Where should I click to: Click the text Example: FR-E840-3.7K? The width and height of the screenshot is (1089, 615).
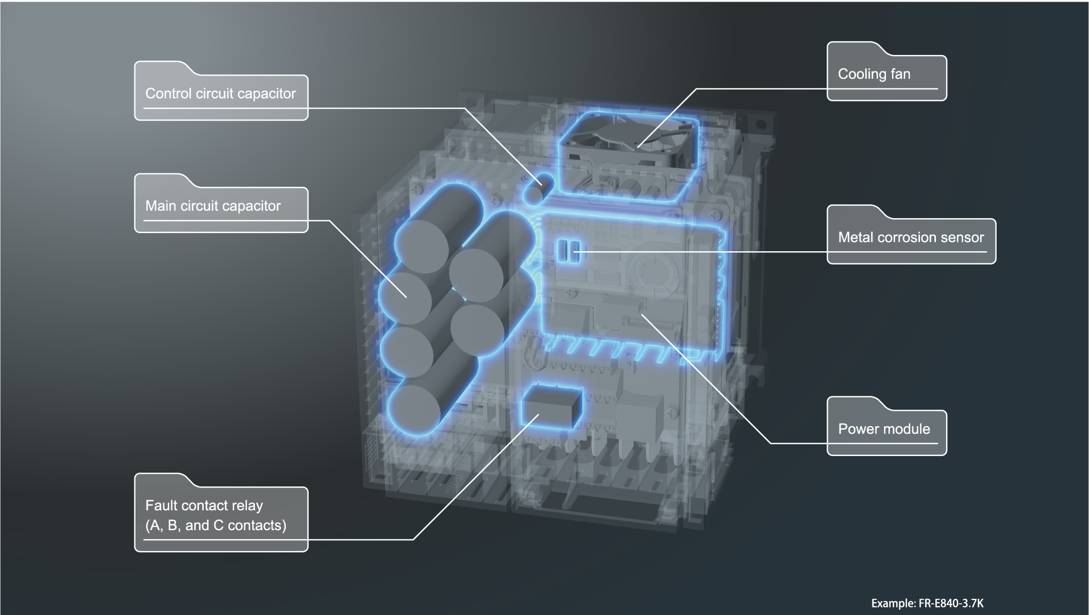(927, 603)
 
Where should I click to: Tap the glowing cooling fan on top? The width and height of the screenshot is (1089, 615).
(629, 141)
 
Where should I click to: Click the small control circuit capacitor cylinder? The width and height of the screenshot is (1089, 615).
(539, 188)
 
